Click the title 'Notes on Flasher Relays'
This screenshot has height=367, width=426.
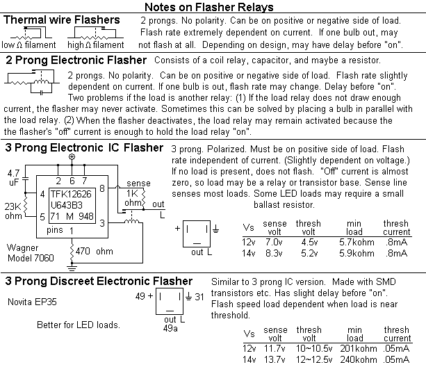pos(209,7)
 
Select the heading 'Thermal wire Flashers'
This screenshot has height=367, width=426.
pos(62,20)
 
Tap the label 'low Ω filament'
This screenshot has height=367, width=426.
pos(28,44)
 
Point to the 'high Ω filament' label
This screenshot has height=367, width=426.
pos(96,44)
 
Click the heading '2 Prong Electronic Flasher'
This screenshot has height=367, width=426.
pos(76,60)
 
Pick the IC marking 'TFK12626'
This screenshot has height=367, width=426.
pos(71,194)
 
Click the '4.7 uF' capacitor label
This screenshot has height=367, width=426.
pos(14,177)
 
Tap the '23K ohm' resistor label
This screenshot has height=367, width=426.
pos(13,211)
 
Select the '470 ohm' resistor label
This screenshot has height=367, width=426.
pos(95,251)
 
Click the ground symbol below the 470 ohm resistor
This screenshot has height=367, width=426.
pos(72,268)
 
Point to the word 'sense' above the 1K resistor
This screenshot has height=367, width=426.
pos(138,183)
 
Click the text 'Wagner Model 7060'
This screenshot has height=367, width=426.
pos(31,252)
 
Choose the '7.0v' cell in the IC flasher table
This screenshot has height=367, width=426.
pos(274,242)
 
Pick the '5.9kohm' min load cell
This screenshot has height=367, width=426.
pos(357,253)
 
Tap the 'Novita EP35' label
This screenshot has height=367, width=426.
pos(32,302)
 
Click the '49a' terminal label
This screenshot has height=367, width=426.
pos(170,329)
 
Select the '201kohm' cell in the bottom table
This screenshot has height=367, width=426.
pos(359,348)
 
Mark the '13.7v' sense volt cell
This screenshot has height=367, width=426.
pos(275,359)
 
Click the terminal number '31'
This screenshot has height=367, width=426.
pos(199,297)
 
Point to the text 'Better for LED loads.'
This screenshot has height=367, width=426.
pos(79,325)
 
